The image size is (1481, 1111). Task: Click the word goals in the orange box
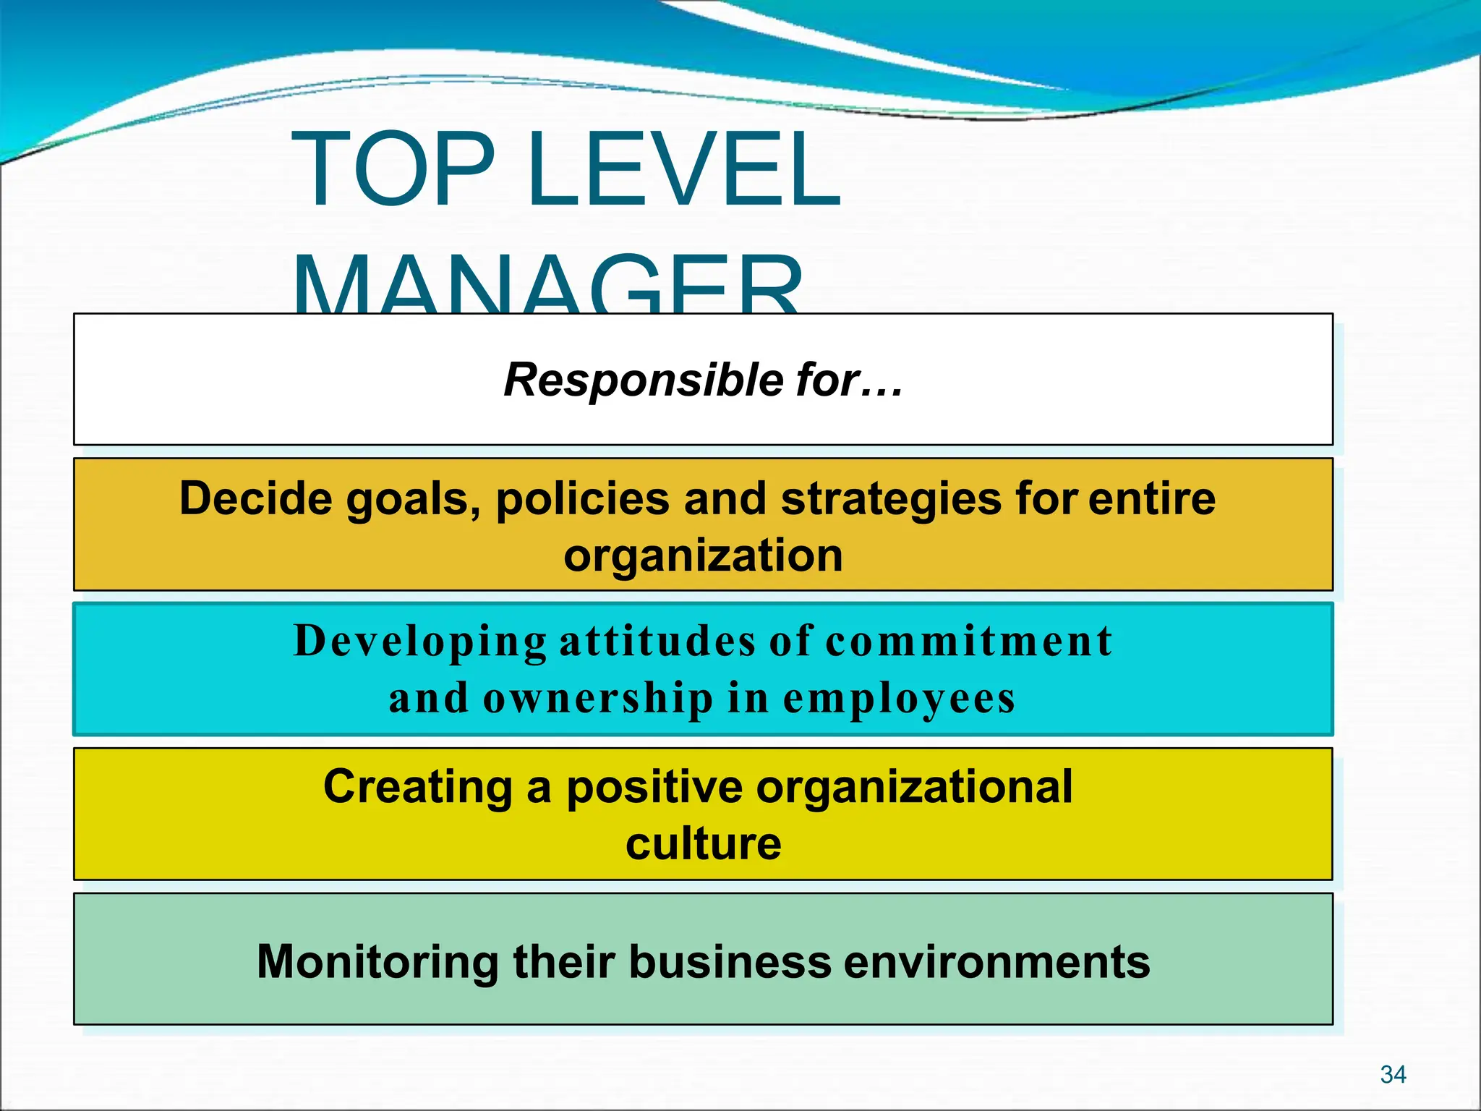413,500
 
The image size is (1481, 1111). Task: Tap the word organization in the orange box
703,555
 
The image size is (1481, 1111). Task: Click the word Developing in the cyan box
420,642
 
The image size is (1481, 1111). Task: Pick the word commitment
969,641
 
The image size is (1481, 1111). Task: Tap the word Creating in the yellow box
418,786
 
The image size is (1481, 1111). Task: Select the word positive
654,788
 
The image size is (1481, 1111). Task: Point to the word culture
703,843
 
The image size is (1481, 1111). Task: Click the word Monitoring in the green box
377,962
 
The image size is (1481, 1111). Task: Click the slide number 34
1393,1075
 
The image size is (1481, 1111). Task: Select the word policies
582,500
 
